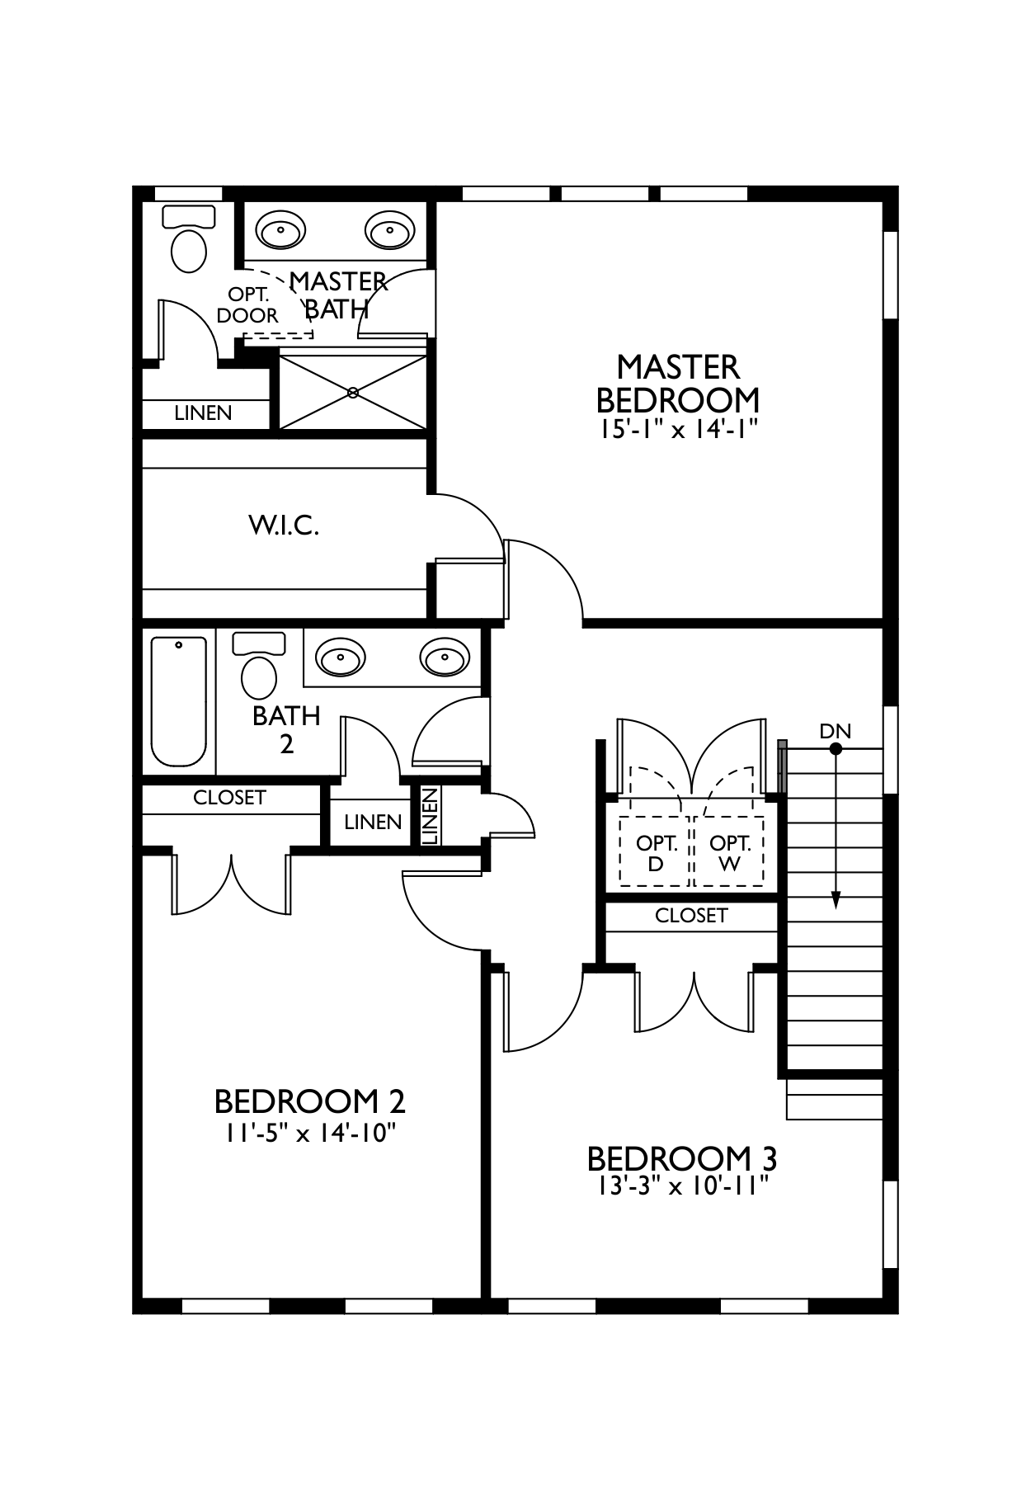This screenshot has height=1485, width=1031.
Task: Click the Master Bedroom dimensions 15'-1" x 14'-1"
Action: [x=678, y=430]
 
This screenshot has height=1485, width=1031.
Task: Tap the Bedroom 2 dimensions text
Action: [x=307, y=1133]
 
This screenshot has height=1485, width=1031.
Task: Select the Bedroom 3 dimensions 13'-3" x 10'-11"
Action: [x=681, y=1186]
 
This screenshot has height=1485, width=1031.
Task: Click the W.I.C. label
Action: [x=284, y=525]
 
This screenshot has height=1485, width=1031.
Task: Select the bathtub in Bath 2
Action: [x=178, y=701]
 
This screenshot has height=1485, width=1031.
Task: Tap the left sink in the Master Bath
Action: [x=280, y=230]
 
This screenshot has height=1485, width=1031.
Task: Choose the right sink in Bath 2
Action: [x=445, y=658]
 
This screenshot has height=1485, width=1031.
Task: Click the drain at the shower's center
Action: [x=354, y=393]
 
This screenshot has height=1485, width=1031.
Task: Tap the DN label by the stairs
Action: [x=835, y=731]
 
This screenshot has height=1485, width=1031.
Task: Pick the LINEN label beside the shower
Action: [x=203, y=413]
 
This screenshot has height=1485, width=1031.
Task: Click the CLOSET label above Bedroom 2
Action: [x=229, y=798]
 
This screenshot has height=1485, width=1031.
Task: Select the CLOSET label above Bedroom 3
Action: [x=691, y=916]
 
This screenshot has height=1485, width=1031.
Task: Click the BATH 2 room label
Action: [x=286, y=729]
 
